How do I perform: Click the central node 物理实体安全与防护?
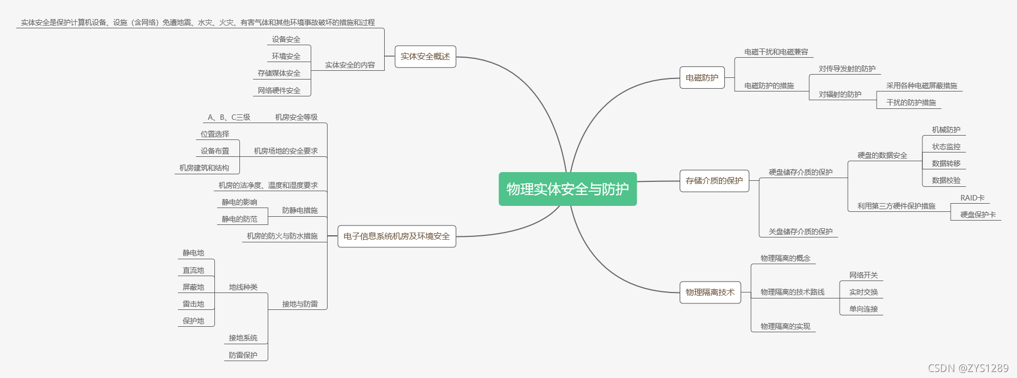[x=568, y=189]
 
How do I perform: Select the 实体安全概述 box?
[x=425, y=57]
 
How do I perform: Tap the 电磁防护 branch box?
[x=702, y=78]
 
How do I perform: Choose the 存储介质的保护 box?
[x=714, y=181]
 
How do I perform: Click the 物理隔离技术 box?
[x=710, y=292]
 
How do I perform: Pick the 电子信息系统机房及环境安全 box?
[x=397, y=236]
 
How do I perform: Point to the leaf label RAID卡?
[x=972, y=198]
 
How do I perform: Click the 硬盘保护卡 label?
[x=978, y=215]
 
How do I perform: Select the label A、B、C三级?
[x=229, y=117]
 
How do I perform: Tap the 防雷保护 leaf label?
[x=243, y=355]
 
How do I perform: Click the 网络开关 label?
[x=864, y=275]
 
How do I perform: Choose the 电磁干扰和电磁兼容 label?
[x=776, y=52]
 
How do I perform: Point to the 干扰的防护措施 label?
[x=911, y=102]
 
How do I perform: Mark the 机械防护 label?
[x=946, y=130]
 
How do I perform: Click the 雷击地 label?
[x=193, y=304]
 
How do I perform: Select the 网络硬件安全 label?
[x=279, y=90]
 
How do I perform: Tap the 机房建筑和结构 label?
[x=204, y=168]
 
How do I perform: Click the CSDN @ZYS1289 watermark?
[x=968, y=368]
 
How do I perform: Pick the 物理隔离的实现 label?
[x=785, y=326]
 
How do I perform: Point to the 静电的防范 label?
[x=239, y=219]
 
